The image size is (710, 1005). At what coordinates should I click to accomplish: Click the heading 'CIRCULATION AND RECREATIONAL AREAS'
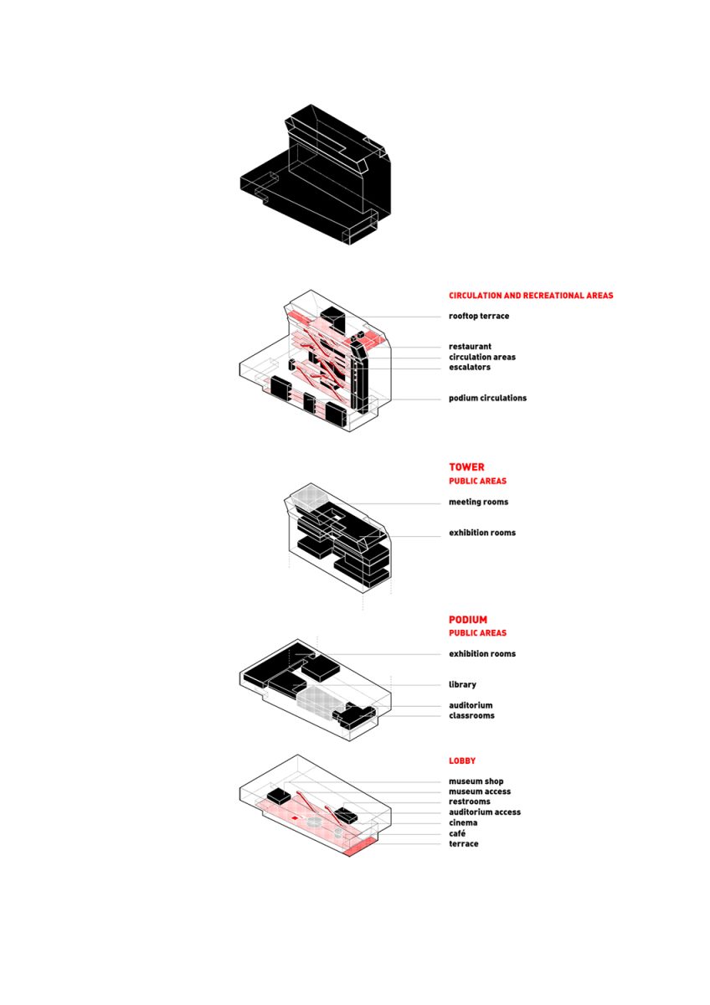click(531, 295)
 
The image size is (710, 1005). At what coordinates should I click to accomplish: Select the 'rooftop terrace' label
click(479, 316)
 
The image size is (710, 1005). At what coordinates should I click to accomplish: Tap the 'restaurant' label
click(470, 347)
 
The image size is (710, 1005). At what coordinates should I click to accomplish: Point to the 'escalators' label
click(469, 367)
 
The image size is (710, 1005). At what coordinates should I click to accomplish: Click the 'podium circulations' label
click(487, 398)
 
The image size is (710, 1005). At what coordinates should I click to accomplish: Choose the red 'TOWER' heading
click(466, 467)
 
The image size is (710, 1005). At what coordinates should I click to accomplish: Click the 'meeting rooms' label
click(478, 502)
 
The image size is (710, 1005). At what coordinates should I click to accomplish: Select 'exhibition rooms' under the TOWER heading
click(482, 533)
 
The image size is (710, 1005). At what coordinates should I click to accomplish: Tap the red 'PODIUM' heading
click(468, 620)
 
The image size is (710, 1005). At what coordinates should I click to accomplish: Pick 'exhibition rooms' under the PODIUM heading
click(482, 654)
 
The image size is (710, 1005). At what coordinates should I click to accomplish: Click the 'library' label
click(462, 685)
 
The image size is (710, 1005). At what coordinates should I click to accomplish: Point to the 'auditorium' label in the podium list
click(471, 705)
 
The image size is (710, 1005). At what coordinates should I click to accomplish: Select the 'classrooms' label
click(471, 715)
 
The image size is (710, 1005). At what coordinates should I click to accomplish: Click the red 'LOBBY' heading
click(462, 761)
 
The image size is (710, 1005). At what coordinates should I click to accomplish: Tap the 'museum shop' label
click(476, 781)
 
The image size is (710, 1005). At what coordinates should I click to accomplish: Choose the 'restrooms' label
click(469, 801)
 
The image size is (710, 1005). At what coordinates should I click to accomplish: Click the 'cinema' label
click(463, 822)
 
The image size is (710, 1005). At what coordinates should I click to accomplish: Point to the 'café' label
click(457, 833)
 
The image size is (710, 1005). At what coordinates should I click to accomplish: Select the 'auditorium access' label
click(485, 812)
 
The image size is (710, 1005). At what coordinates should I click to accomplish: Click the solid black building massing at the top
click(316, 174)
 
